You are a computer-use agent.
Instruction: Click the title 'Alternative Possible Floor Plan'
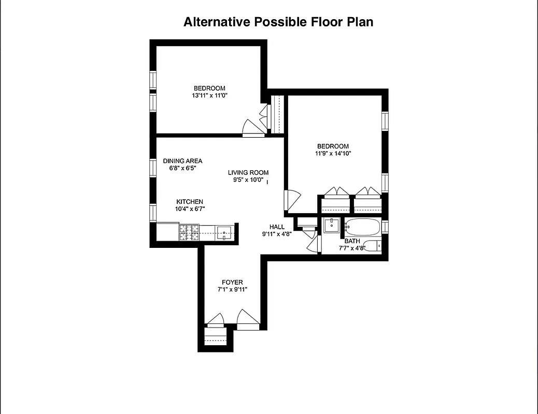pos(278,22)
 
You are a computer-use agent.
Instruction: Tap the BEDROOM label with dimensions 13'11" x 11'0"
pos(209,88)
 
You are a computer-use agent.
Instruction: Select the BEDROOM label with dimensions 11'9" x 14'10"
pos(333,146)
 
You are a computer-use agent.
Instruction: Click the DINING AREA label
pos(182,161)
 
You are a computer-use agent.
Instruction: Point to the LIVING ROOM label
pos(248,173)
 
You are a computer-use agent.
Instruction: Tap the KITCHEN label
pos(190,202)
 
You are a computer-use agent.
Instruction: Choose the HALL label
pos(277,227)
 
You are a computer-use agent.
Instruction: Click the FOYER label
pos(232,282)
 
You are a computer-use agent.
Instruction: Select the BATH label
pos(352,241)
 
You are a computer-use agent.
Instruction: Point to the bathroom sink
pos(331,226)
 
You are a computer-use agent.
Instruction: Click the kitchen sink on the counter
pos(224,233)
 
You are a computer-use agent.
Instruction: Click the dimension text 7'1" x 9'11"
pos(232,289)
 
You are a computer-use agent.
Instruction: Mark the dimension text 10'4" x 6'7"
pos(190,209)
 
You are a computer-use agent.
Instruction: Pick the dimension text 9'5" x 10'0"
pos(248,181)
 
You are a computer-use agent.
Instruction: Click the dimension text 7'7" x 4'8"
pos(352,248)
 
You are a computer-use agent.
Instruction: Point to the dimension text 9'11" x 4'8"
pos(277,234)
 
